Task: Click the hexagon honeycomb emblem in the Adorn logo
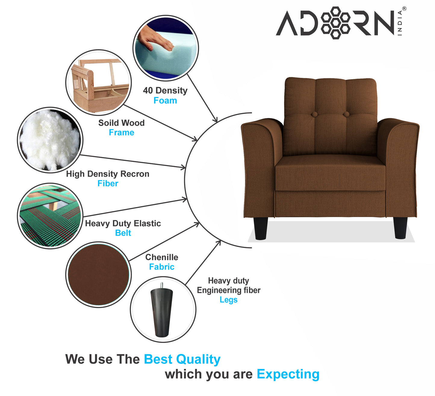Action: click(x=335, y=23)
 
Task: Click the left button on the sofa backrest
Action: click(x=314, y=114)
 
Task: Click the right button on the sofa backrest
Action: click(x=346, y=114)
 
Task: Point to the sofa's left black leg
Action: click(x=260, y=228)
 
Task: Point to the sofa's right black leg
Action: click(x=400, y=228)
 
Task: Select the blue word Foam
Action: click(x=165, y=101)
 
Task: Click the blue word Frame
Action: click(x=121, y=132)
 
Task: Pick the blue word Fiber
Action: click(x=108, y=184)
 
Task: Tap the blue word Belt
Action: click(x=123, y=233)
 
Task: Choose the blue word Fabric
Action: click(x=162, y=267)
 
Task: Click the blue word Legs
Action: click(x=228, y=300)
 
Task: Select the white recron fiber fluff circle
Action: click(x=50, y=140)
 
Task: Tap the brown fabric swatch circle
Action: click(x=98, y=275)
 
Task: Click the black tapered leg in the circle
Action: click(x=162, y=310)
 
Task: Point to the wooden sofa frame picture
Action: click(x=98, y=82)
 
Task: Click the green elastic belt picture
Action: click(x=50, y=216)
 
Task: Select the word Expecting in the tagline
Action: click(x=288, y=375)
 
